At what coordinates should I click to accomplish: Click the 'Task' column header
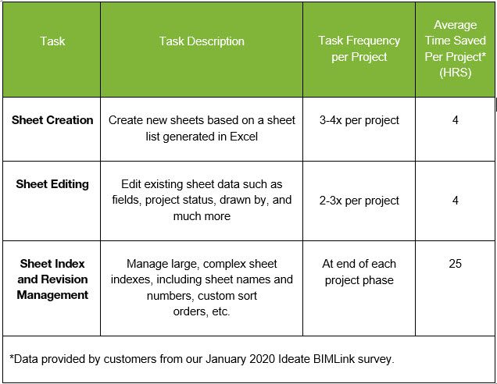coord(52,41)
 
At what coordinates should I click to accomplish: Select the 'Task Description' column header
coord(202,41)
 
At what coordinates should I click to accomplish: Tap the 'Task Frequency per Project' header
coord(359,48)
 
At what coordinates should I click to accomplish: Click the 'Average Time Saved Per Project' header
coord(455,48)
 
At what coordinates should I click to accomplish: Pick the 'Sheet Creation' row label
coord(52,120)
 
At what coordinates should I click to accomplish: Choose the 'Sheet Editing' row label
coord(52,184)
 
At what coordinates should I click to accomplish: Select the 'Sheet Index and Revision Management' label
coord(52,279)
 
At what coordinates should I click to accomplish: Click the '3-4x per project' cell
coord(359,120)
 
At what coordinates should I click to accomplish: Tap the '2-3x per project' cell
coord(359,201)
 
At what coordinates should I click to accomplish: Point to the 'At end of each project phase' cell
coord(359,272)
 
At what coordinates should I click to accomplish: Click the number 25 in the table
coord(455,263)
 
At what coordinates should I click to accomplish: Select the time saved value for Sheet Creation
coord(455,120)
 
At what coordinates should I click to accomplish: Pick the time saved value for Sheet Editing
coord(455,200)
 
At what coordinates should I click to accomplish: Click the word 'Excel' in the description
coord(244,137)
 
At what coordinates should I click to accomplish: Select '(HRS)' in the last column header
coord(455,73)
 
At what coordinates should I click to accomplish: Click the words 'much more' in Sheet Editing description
coord(202,216)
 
